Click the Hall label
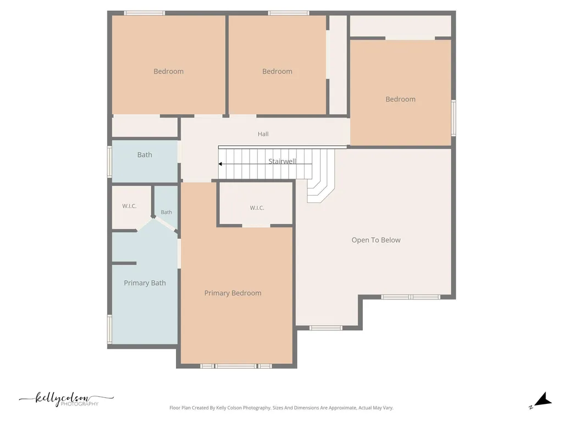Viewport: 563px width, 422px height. pos(263,134)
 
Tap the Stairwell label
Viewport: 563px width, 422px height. pos(282,161)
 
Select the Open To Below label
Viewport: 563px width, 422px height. pos(376,240)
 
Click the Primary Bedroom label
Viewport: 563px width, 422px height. pos(233,293)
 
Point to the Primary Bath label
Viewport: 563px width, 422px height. pos(145,283)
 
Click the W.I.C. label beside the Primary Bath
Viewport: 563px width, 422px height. pos(129,206)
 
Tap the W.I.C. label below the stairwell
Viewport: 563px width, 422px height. pos(257,208)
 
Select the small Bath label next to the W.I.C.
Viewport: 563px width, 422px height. pos(166,212)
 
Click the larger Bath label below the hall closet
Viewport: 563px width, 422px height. pos(145,154)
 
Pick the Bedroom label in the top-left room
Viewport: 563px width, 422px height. pos(168,71)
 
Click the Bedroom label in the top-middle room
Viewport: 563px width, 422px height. pos(277,71)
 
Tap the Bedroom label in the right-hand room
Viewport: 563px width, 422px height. pos(400,99)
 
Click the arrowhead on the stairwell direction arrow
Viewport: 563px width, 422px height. pos(220,164)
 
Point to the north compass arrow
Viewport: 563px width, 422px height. pos(543,399)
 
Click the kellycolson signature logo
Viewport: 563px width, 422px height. pos(67,399)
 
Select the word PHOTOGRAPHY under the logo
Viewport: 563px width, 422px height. pos(79,404)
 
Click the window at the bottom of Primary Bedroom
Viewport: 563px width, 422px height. pos(236,366)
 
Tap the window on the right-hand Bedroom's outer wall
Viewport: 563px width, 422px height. pos(454,118)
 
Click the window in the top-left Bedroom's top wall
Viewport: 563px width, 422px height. pos(145,13)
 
